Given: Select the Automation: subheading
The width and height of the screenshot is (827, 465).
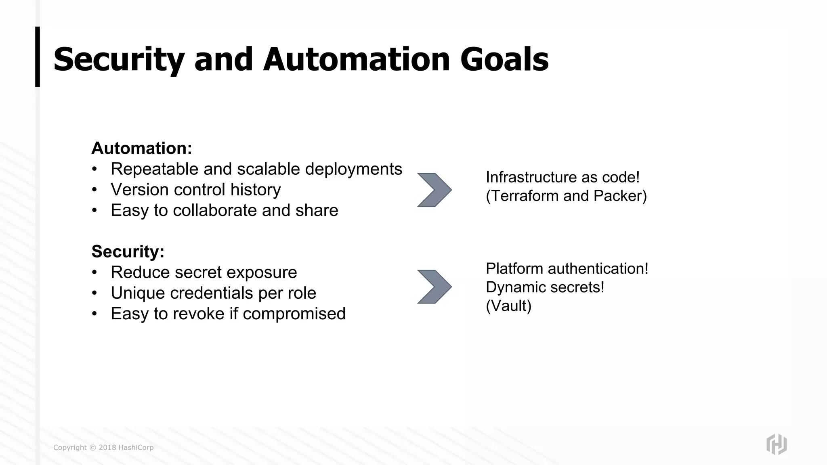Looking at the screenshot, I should [x=142, y=148].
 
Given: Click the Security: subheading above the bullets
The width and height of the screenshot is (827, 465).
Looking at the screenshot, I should [x=128, y=251].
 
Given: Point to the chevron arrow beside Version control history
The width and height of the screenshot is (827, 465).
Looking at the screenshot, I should [x=434, y=190].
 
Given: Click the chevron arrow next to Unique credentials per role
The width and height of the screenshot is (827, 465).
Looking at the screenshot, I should [x=434, y=287].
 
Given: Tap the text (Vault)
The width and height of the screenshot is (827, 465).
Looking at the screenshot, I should [x=508, y=306].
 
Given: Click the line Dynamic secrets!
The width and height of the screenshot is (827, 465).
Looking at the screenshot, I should [x=545, y=287].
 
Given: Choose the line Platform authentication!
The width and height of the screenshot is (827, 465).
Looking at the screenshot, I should [x=567, y=269].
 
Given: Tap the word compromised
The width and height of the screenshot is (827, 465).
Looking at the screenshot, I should [x=294, y=314].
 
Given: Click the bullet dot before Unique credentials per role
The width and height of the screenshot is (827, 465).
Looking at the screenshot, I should [x=94, y=293].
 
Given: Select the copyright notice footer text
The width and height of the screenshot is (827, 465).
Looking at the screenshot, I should [x=103, y=447].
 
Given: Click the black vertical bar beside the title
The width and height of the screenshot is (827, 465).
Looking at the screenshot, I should [x=38, y=57].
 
